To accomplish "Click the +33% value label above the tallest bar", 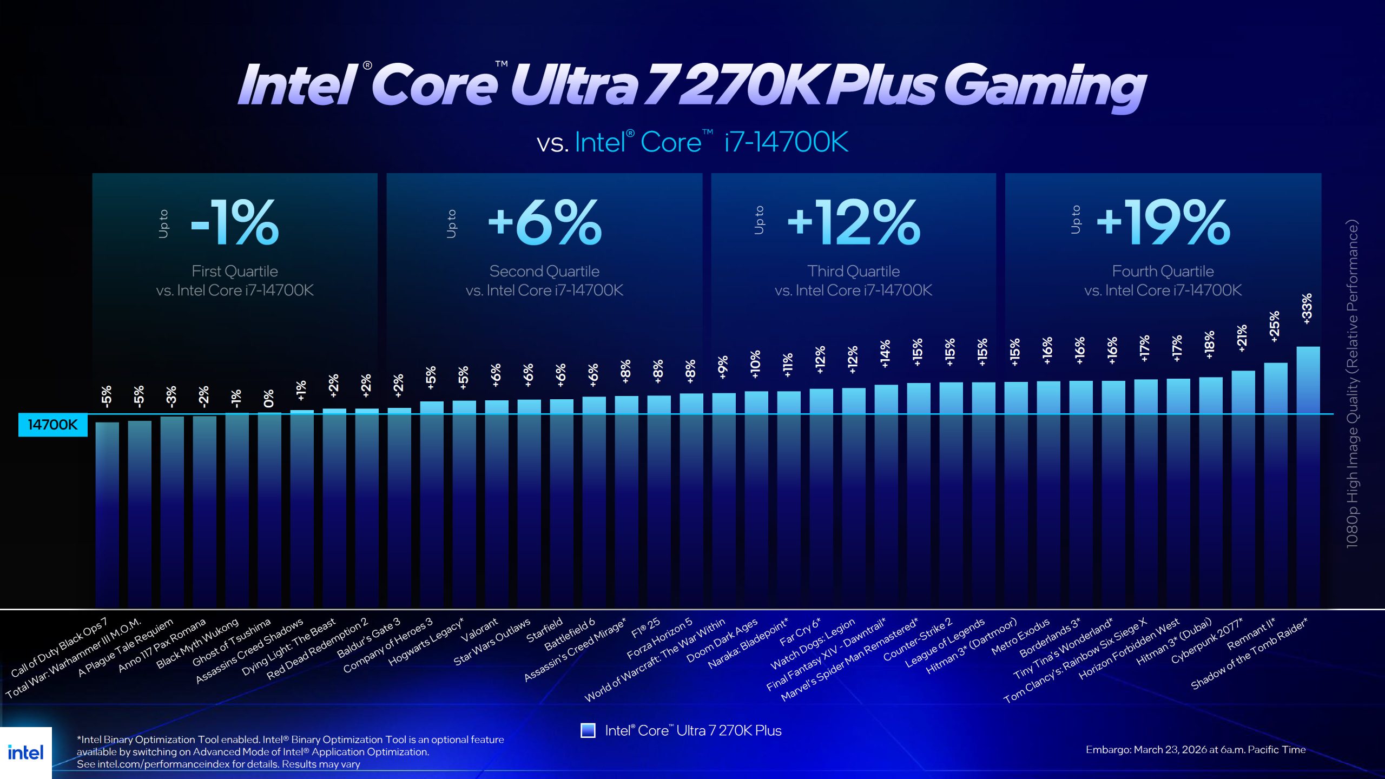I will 1307,309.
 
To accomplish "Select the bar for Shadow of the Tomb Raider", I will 1308,476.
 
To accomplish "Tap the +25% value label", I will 1274,326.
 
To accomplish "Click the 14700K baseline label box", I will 52,425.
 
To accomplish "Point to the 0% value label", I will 269,399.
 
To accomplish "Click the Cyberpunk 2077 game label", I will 1206,641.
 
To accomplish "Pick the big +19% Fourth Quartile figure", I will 1163,222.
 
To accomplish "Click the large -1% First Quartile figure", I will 235,222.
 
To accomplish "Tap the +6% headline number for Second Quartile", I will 544,222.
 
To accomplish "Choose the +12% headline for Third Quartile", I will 854,222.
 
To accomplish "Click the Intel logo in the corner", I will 25,752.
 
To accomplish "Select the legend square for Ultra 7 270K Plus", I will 588,730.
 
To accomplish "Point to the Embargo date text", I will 1196,750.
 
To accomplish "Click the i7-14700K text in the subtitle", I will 786,142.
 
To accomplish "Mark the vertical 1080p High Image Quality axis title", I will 1352,384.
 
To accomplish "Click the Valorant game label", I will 479,631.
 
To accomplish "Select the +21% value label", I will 1242,338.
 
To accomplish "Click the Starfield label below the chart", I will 544,631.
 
